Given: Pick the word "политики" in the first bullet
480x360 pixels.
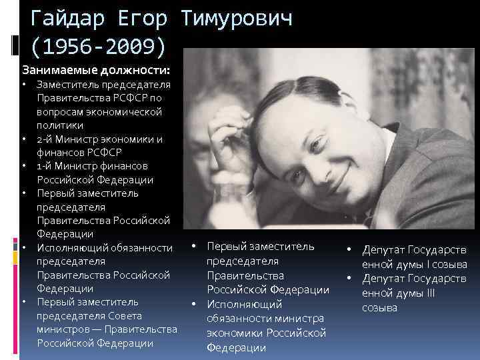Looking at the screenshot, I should coord(60,125).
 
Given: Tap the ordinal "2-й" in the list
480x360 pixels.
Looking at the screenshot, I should coord(45,139).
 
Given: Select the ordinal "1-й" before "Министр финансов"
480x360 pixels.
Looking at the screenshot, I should coord(45,166).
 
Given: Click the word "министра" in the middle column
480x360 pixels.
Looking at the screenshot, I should coord(298,319).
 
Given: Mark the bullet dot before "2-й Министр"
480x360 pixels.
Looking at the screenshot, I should coord(23,139).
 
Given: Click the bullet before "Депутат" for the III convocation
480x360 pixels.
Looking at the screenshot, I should coord(347,278).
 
